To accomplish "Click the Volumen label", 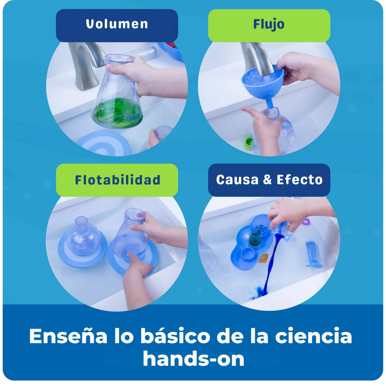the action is point(117,24).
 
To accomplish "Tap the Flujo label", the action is point(269,25).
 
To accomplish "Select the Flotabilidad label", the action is point(118,180).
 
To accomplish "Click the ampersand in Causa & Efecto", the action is point(267,179).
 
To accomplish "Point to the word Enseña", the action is point(68,336).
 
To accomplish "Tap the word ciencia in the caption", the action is point(314,337).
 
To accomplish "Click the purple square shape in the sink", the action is point(306,222).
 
